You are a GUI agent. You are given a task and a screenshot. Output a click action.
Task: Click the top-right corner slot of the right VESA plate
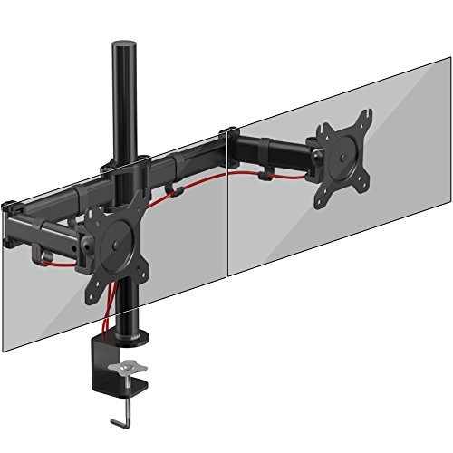pyautogui.click(x=366, y=116)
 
